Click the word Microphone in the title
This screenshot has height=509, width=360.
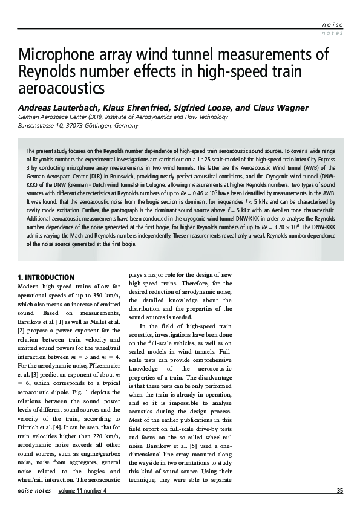[57, 55]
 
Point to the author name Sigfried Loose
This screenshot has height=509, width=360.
[203, 108]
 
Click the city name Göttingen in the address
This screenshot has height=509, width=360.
[97, 126]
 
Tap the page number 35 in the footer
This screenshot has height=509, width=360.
[339, 490]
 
